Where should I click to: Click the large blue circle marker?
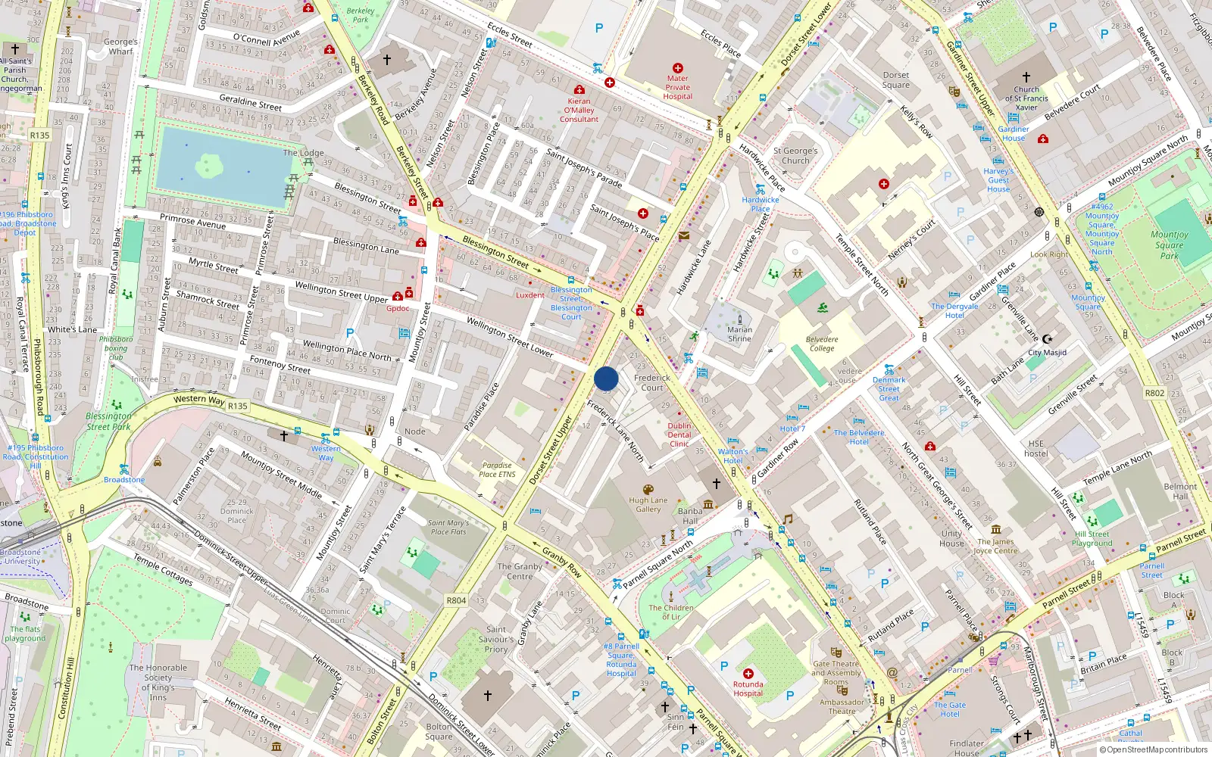click(x=606, y=378)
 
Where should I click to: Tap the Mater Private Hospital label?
click(x=677, y=87)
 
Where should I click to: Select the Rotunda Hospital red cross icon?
click(x=748, y=673)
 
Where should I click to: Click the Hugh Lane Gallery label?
click(x=648, y=505)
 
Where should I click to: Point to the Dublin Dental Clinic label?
click(x=679, y=435)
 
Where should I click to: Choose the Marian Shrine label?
click(x=739, y=334)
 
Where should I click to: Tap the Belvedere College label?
click(x=822, y=344)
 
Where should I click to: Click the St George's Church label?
click(x=795, y=156)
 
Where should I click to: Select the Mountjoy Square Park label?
click(x=1169, y=245)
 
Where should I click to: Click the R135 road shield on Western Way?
click(x=238, y=406)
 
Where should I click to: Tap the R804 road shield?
click(x=456, y=600)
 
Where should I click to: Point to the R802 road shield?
click(x=1154, y=393)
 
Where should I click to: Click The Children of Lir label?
click(x=670, y=612)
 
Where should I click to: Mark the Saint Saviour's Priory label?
click(x=496, y=639)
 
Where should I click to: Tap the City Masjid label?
click(x=1047, y=353)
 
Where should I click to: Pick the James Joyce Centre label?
click(x=995, y=546)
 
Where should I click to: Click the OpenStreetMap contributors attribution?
click(x=1154, y=749)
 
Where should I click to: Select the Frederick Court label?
click(x=651, y=382)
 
